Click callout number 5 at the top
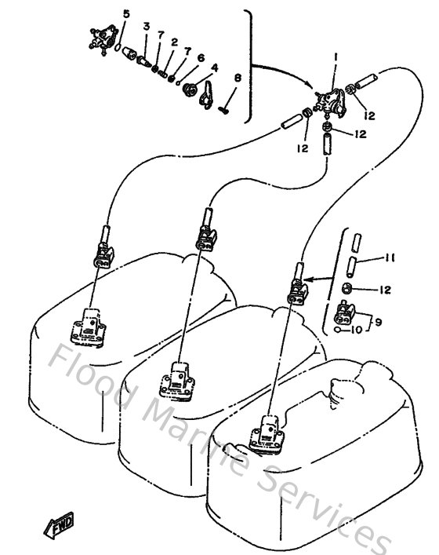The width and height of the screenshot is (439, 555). coord(126,15)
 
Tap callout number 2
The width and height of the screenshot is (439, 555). coord(174,42)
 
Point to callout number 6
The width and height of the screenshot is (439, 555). coord(201,57)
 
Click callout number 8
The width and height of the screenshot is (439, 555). coord(238,79)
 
